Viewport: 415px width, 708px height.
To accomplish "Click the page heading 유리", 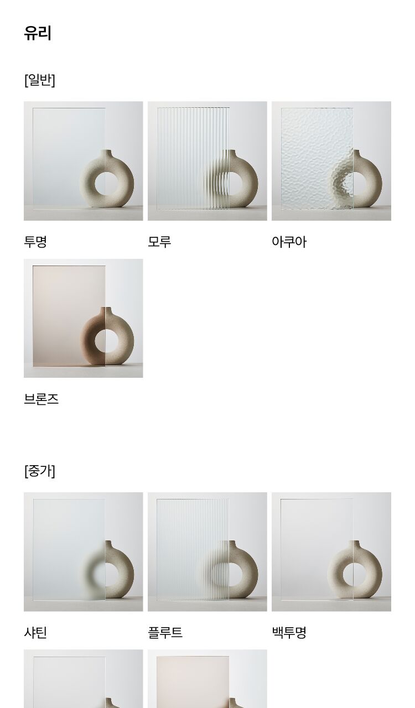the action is (x=38, y=33).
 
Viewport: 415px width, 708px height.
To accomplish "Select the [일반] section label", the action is (x=39, y=80).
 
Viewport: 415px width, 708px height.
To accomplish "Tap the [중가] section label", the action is (x=39, y=471).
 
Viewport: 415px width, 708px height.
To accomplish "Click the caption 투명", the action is (x=35, y=242).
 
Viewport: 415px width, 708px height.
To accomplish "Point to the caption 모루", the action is (x=159, y=242).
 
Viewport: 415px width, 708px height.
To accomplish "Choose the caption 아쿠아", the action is (x=289, y=242).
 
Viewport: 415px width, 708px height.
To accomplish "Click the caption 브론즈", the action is (x=41, y=399).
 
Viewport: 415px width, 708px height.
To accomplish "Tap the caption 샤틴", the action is (x=35, y=632).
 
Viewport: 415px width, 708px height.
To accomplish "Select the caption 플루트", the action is (x=165, y=632).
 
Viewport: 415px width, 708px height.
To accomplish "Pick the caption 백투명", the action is (x=289, y=632).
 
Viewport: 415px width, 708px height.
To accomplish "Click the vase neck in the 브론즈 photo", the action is (x=106, y=311).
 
